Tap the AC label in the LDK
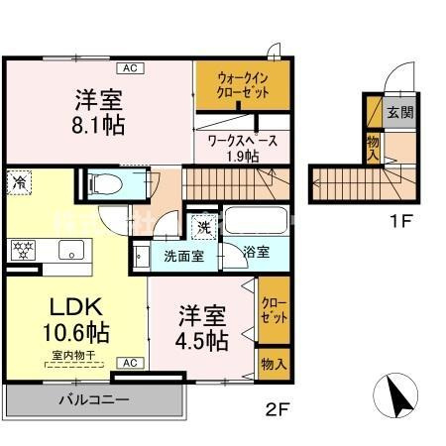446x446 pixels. pos(128,363)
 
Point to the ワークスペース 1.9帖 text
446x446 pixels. pos(243,148)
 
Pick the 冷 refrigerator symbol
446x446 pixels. pos(19,181)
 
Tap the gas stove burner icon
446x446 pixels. pos(22,249)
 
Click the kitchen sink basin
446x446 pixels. pos(71,249)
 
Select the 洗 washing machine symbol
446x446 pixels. pos(202,224)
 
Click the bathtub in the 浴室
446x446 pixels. pos(255,219)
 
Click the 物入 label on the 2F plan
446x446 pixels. pos(273,365)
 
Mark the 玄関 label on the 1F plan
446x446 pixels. pos(398,111)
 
